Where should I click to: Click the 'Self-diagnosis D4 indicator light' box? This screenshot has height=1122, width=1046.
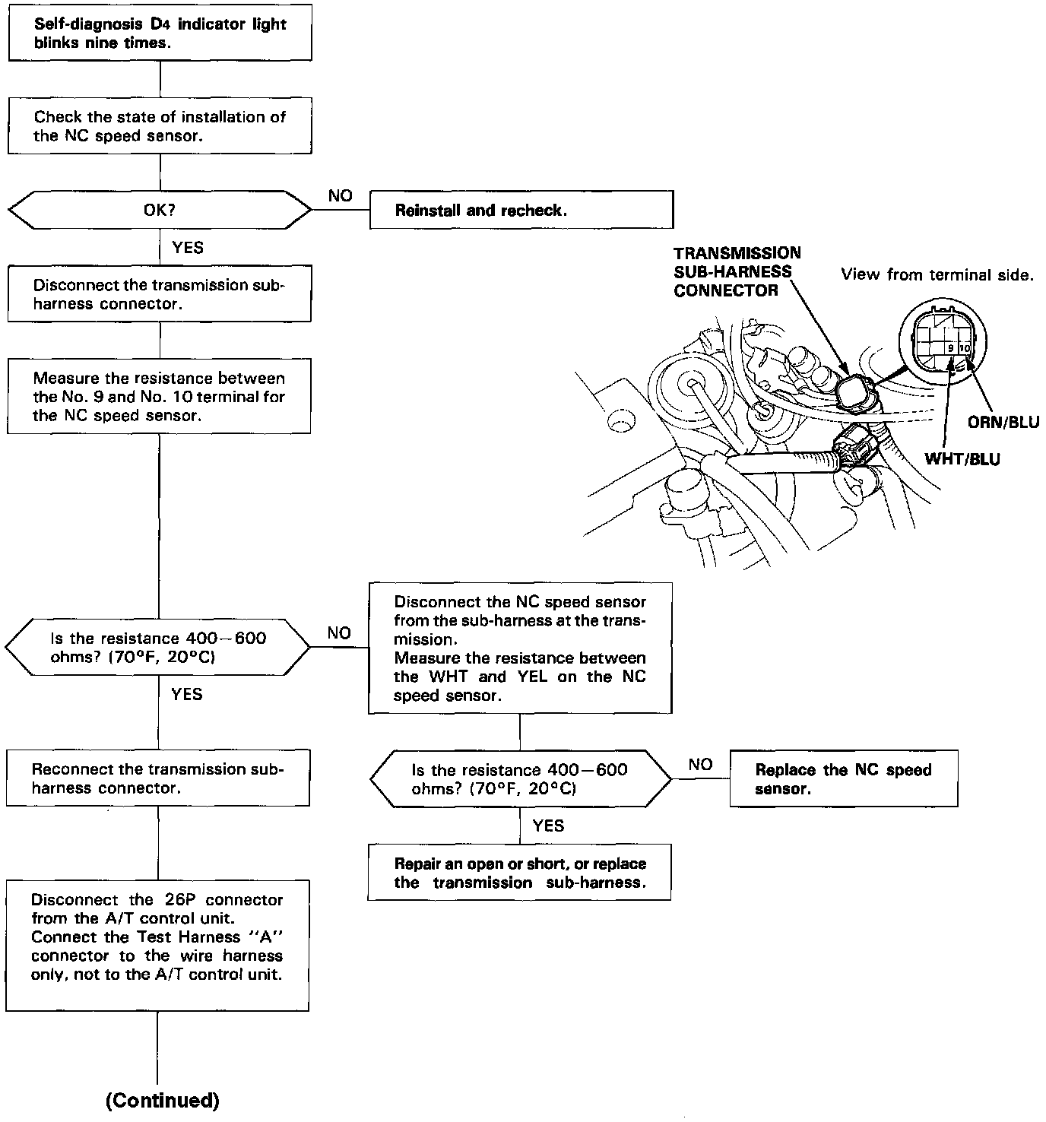point(160,33)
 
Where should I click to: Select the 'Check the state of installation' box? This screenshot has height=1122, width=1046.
point(160,126)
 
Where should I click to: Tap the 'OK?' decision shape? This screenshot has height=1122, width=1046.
point(160,210)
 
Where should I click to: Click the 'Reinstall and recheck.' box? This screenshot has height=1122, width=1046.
point(521,210)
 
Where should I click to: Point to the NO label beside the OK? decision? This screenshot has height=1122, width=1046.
point(340,196)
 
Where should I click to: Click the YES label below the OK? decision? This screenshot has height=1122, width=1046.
point(188,247)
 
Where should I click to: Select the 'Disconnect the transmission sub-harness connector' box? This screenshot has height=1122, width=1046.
point(159,293)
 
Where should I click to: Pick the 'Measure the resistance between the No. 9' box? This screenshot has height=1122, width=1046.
point(159,396)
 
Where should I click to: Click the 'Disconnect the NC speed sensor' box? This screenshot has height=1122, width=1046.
point(520,648)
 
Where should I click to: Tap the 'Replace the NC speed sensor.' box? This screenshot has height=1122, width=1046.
point(843,778)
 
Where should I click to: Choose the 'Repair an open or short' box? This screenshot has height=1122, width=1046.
point(519,872)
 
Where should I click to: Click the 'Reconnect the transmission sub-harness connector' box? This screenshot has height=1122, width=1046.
point(158,778)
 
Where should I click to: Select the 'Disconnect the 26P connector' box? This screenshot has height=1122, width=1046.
point(157,945)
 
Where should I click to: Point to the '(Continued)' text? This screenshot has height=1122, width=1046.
point(162,1099)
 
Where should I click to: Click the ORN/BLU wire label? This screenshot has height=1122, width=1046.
point(1003,422)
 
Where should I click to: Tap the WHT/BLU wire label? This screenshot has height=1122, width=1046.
point(962,458)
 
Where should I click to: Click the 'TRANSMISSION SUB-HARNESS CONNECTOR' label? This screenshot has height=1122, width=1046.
point(736,271)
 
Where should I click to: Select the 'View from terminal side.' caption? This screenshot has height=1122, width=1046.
point(937,275)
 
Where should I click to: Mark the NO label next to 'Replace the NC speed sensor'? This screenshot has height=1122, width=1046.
point(700,764)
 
